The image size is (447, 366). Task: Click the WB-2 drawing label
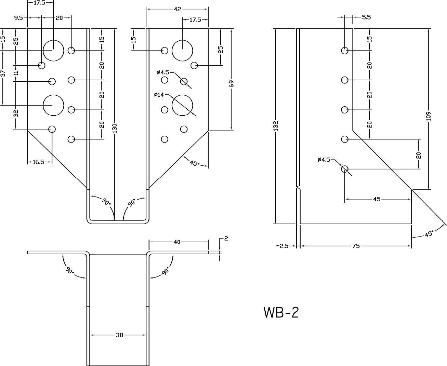click(x=281, y=313)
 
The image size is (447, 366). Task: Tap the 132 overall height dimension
click(x=276, y=125)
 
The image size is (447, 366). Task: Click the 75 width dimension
click(x=356, y=246)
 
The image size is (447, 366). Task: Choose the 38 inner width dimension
click(x=119, y=335)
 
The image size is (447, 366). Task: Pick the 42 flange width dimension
click(x=177, y=10)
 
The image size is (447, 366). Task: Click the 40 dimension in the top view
click(x=177, y=242)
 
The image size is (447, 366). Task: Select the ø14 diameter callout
click(x=159, y=95)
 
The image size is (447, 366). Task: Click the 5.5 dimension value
click(x=366, y=17)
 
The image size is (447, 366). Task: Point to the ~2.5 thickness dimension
click(x=282, y=246)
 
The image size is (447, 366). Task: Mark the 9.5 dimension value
click(x=18, y=18)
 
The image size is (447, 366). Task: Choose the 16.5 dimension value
click(x=38, y=162)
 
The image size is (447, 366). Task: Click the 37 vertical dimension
click(x=3, y=73)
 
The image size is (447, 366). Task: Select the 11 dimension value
click(x=16, y=73)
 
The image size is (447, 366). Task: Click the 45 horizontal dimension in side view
click(x=376, y=199)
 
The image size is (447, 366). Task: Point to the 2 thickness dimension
click(x=226, y=239)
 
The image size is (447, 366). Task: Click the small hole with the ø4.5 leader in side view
click(x=344, y=169)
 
